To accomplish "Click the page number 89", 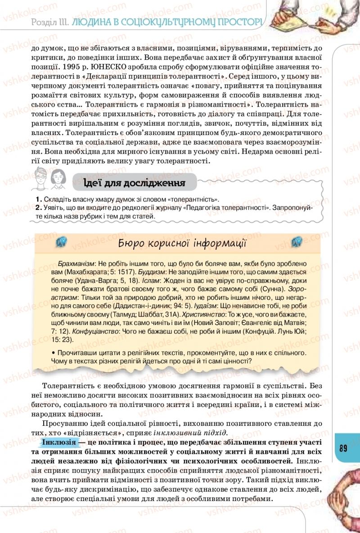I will pyautogui.click(x=343, y=448).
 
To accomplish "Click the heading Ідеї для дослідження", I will pyautogui.click(x=135, y=183).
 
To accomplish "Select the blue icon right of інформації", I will pyautogui.click(x=296, y=243).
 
